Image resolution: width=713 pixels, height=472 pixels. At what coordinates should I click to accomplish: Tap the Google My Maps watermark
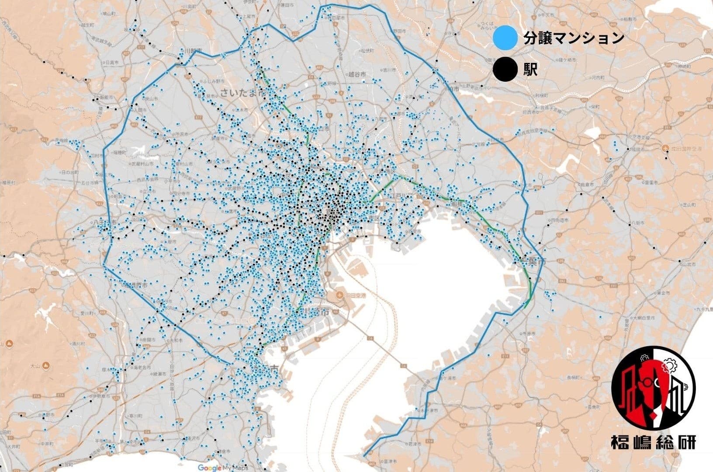(x=220, y=467)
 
